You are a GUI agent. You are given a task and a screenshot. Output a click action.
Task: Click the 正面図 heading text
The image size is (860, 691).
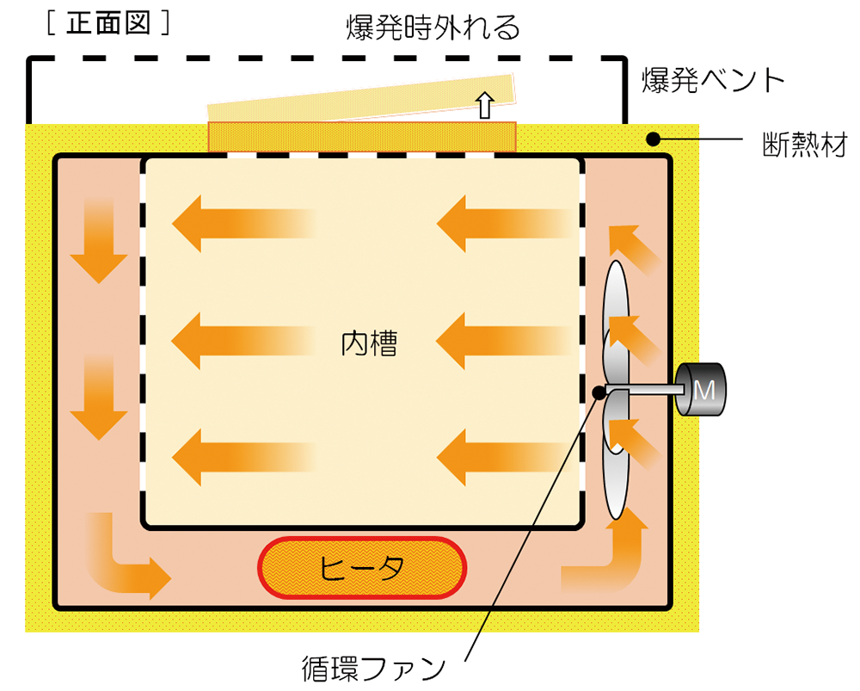(107, 23)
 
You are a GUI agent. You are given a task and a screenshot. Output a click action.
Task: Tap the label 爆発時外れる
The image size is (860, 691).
(432, 29)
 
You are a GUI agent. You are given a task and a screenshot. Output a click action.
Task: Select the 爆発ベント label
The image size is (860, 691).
(714, 80)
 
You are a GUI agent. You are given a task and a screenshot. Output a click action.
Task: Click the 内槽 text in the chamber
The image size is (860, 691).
(369, 344)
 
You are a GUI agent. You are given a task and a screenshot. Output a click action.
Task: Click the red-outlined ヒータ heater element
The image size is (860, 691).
(362, 567)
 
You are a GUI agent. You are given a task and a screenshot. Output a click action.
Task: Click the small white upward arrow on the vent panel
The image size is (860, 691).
(485, 105)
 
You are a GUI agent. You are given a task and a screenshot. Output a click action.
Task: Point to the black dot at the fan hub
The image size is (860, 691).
(600, 392)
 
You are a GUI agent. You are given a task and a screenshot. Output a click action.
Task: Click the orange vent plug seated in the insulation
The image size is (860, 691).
(361, 136)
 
